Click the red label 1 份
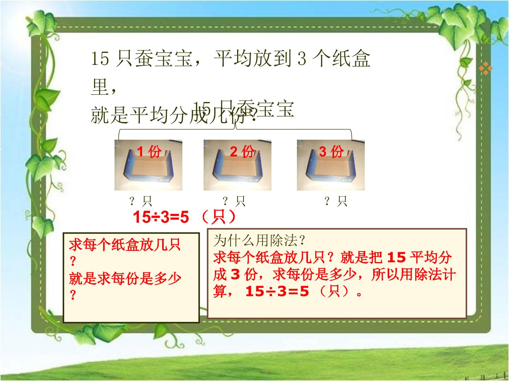149,152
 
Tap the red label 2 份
242,152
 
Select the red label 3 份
331,152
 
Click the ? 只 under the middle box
234,201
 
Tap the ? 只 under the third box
336,201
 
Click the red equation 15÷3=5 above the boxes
161,218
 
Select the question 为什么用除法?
259,241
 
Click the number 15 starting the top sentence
100,59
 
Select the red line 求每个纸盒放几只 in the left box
125,244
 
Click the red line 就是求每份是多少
125,278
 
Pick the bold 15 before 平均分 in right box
396,258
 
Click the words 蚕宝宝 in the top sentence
163,59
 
